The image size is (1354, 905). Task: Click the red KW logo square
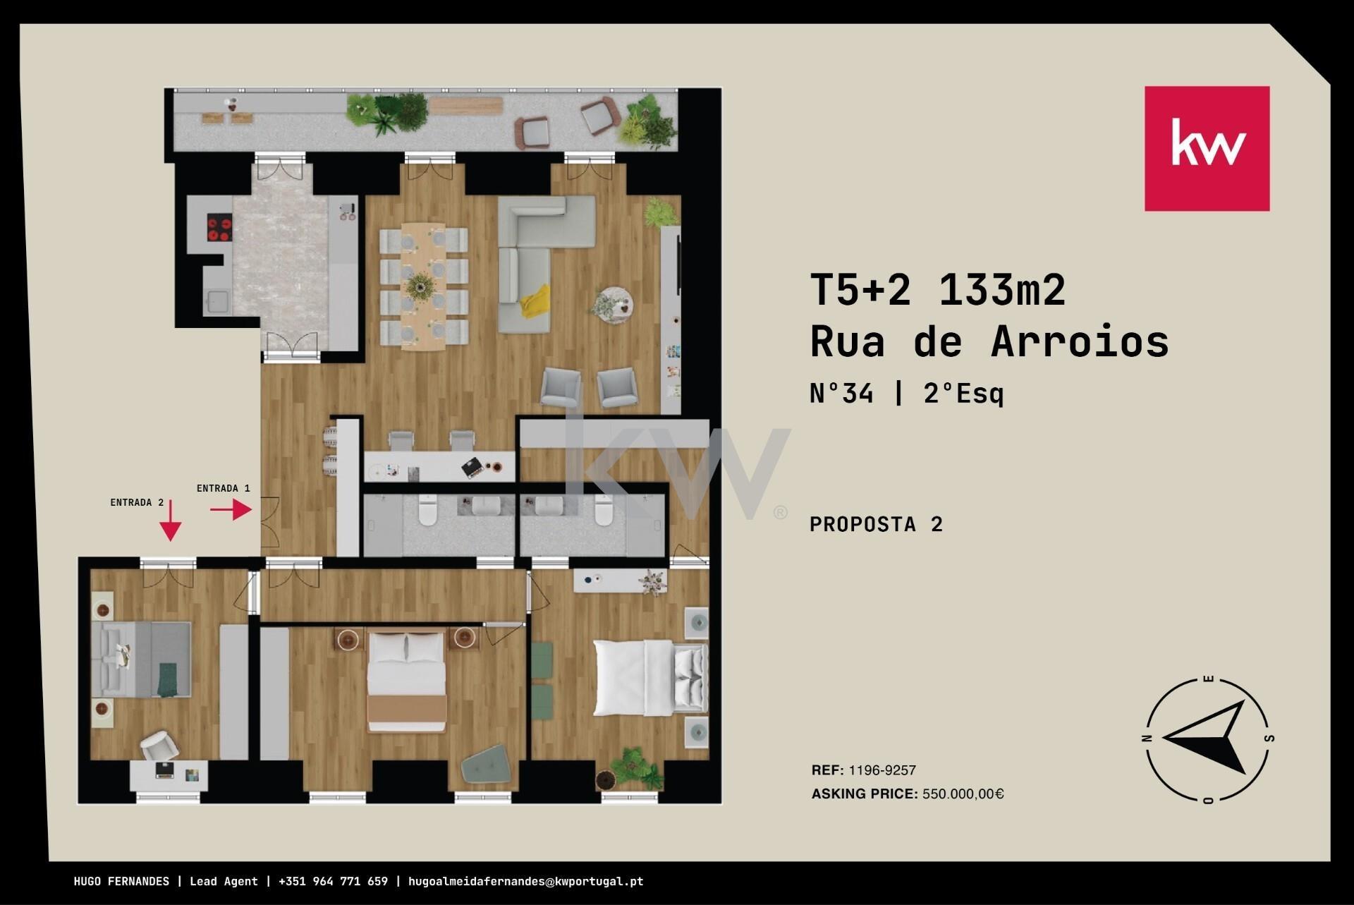pyautogui.click(x=1207, y=148)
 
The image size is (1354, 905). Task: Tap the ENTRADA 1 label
pyautogui.click(x=223, y=488)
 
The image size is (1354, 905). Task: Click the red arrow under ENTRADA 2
pyautogui.click(x=171, y=521)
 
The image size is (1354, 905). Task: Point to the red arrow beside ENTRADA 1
pyautogui.click(x=231, y=509)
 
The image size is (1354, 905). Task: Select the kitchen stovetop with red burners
pyautogui.click(x=219, y=226)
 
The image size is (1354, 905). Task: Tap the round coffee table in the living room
pyautogui.click(x=612, y=305)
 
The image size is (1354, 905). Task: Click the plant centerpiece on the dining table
pyautogui.click(x=420, y=286)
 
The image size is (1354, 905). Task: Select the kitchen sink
pyautogui.click(x=216, y=301)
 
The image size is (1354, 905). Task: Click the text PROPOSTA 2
pyautogui.click(x=876, y=524)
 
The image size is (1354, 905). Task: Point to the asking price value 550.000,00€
pyautogui.click(x=963, y=794)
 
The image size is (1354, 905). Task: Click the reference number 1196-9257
pyautogui.click(x=882, y=770)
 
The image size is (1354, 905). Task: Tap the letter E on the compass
pyautogui.click(x=1208, y=681)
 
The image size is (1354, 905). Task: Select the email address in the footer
pyautogui.click(x=525, y=881)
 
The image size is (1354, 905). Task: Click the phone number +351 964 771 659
pyautogui.click(x=333, y=881)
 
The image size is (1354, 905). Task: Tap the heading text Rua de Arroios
pyautogui.click(x=989, y=342)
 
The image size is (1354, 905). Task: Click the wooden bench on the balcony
pyautogui.click(x=465, y=106)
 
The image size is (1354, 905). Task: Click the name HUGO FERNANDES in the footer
pyautogui.click(x=121, y=881)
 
